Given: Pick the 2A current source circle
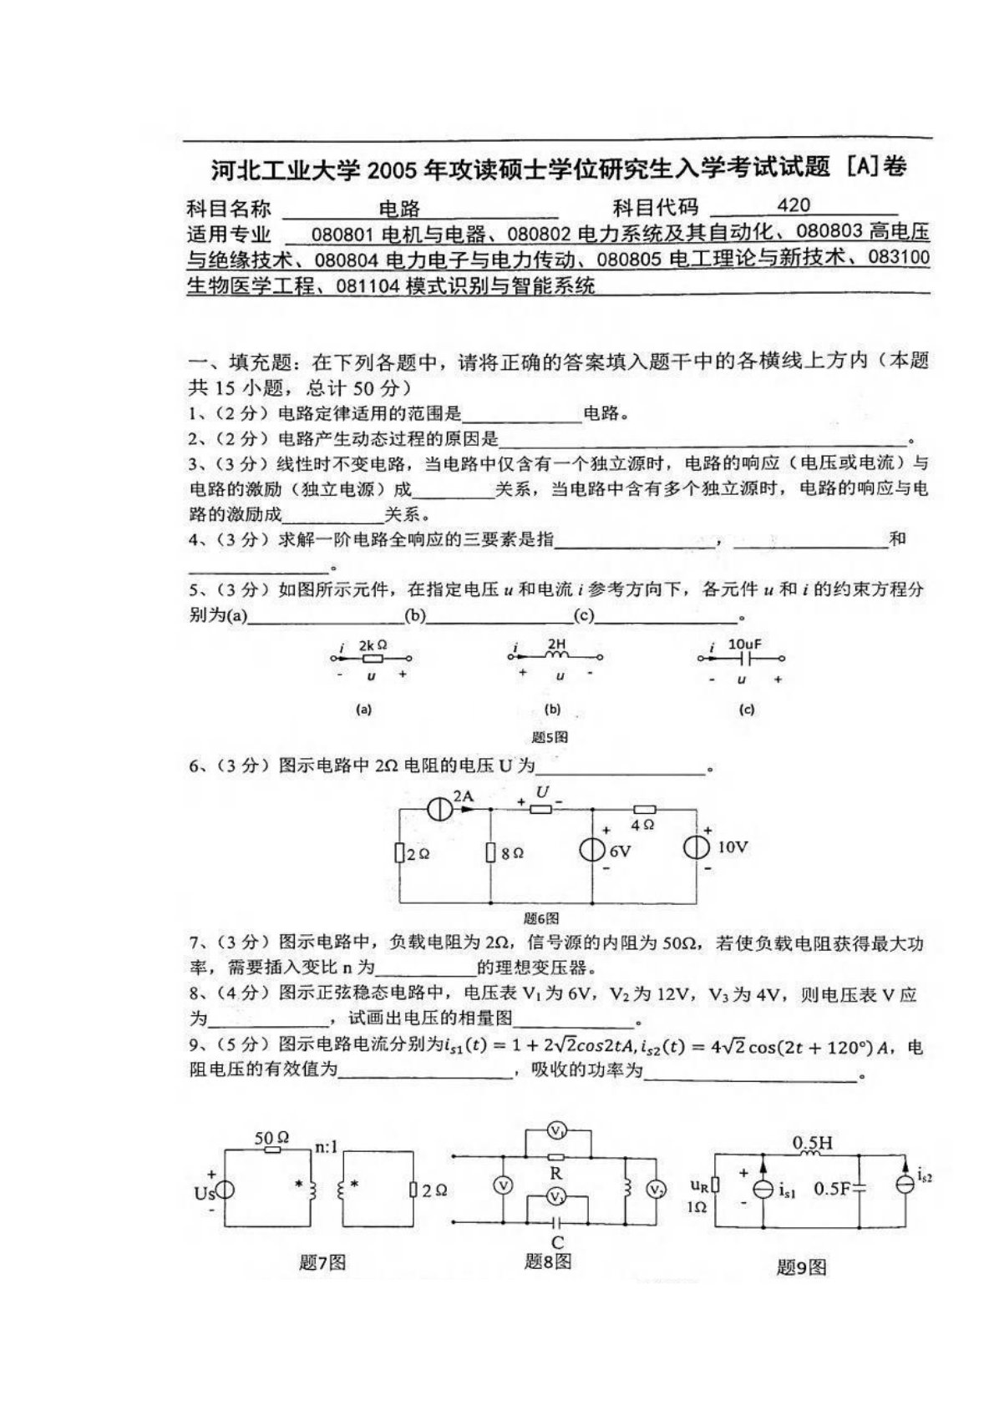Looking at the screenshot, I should (x=439, y=808).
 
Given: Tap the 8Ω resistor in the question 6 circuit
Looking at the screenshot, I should (x=490, y=853).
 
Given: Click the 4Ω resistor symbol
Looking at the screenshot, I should (x=644, y=809).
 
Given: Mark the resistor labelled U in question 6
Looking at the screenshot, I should (x=541, y=808).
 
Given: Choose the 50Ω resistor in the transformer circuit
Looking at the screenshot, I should (x=271, y=1150).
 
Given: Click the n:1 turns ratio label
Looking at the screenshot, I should (x=326, y=1147).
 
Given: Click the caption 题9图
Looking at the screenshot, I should (x=801, y=1267).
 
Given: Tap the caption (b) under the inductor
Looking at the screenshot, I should (x=552, y=710).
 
